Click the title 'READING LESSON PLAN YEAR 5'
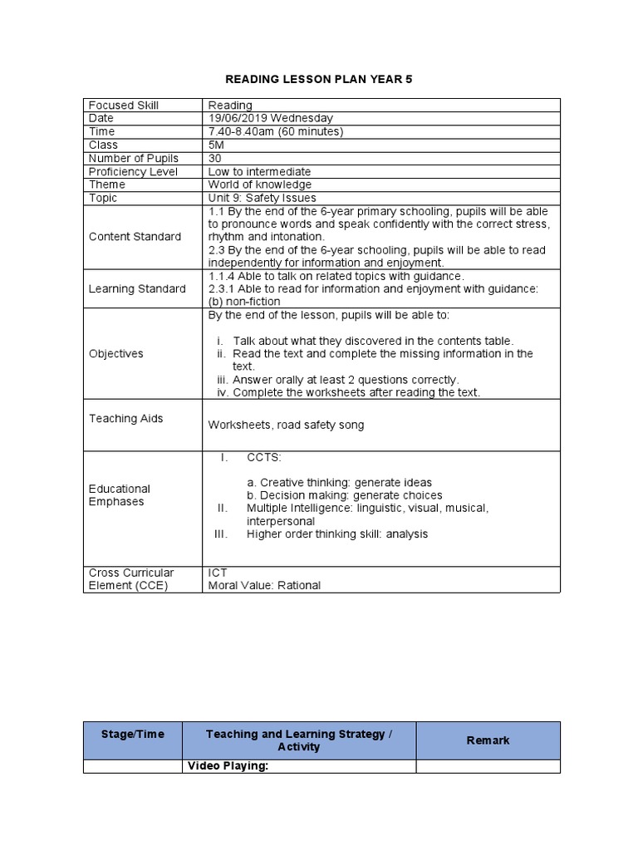(x=320, y=79)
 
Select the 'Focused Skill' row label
(x=124, y=106)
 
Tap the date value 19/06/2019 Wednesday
(x=270, y=119)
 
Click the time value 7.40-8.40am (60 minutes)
(x=276, y=132)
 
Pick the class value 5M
(x=216, y=145)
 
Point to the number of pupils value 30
(x=215, y=159)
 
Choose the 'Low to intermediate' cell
(x=259, y=172)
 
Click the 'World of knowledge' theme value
(x=260, y=185)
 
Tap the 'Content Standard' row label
(x=135, y=237)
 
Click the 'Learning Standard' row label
(x=137, y=289)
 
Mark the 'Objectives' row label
(x=116, y=354)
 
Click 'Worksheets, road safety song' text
(x=286, y=425)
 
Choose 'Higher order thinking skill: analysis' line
(x=336, y=534)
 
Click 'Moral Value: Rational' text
(x=264, y=586)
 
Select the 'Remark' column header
(x=488, y=740)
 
